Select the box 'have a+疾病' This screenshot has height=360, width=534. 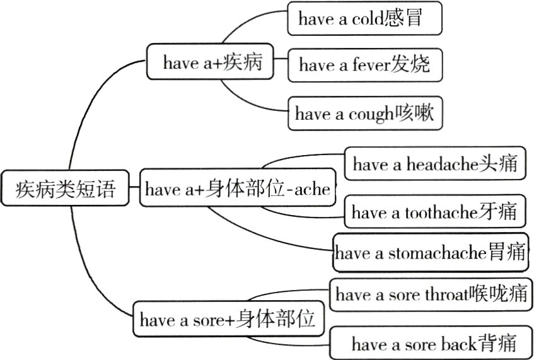coord(212,62)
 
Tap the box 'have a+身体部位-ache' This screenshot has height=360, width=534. coord(238,189)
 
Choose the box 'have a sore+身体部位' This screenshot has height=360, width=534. coord(228,320)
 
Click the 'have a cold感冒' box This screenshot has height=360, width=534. coord(364,19)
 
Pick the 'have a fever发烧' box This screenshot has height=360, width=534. coord(364,64)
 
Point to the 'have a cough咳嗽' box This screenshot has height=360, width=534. coord(364,114)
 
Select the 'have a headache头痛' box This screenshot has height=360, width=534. coord(434,165)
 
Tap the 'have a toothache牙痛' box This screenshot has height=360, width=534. coord(434,212)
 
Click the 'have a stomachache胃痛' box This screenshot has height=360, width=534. coord(431,253)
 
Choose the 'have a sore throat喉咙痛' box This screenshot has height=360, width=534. coord(431,294)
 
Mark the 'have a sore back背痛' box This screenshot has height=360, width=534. coord(434,344)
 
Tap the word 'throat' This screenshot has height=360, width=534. coord(444,294)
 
